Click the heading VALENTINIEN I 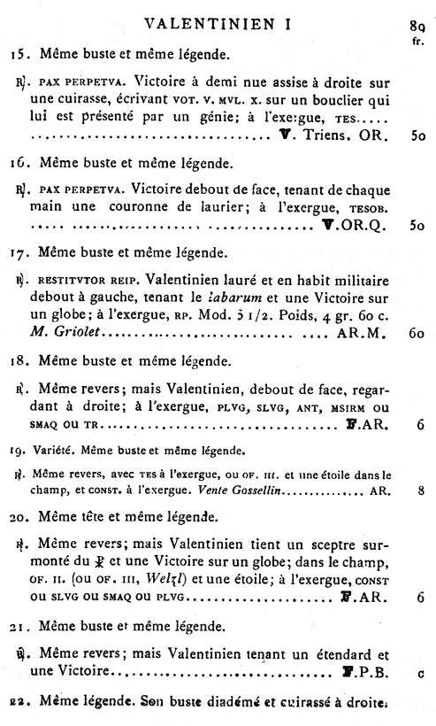pyautogui.click(x=218, y=20)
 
